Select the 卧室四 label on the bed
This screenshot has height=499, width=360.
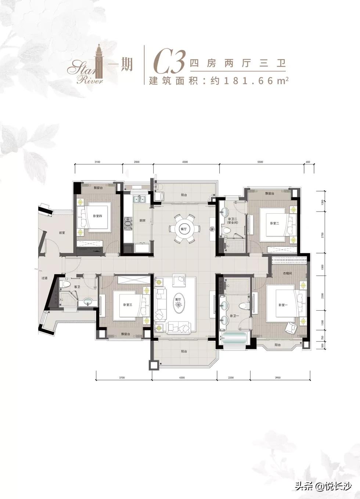coord(97,216)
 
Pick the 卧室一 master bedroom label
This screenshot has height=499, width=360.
coord(282,305)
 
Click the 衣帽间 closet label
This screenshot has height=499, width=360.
coord(287,273)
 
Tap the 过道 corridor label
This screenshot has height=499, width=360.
coord(44,278)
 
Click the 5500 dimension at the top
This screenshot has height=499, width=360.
coord(261,162)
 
